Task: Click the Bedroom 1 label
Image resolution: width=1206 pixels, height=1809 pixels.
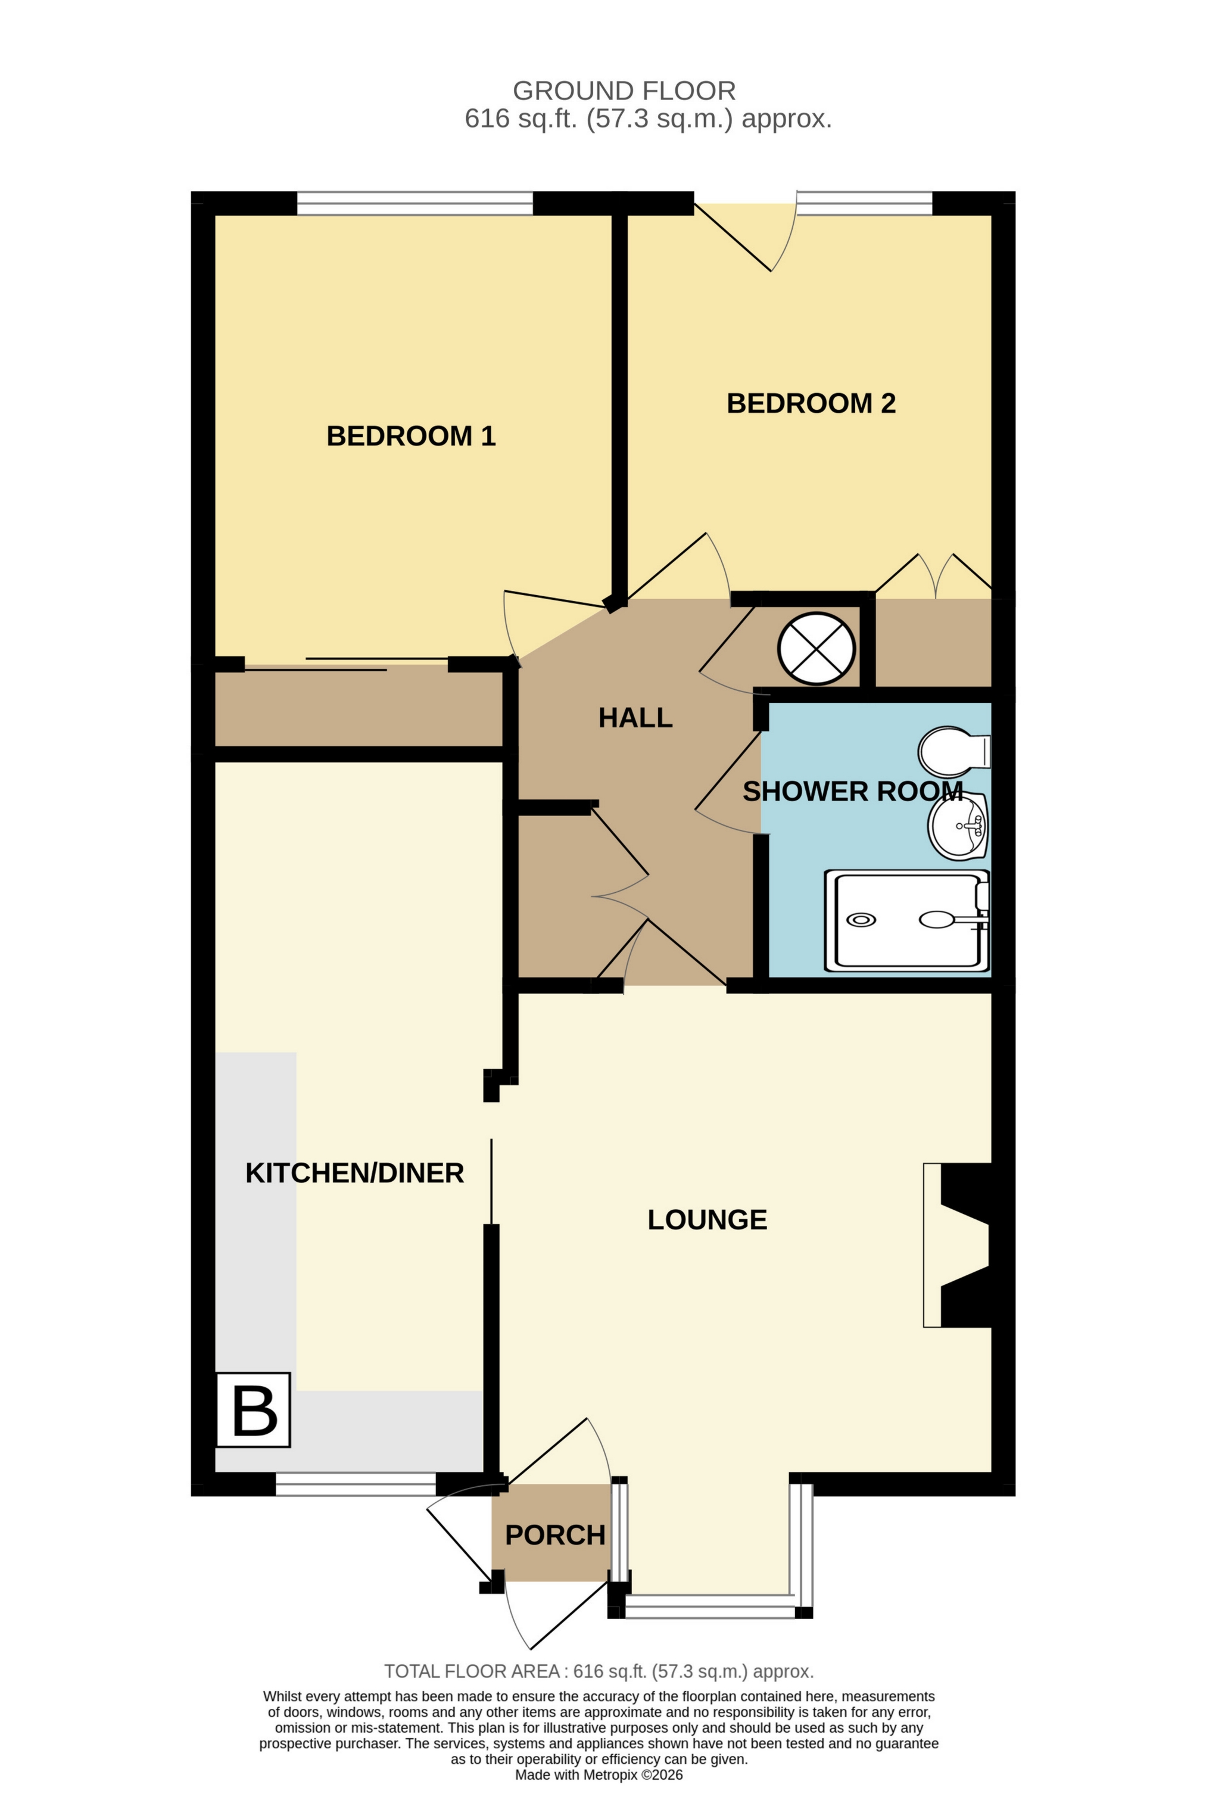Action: pyautogui.click(x=411, y=436)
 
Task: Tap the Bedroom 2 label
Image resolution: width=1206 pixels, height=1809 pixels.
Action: pyautogui.click(x=811, y=403)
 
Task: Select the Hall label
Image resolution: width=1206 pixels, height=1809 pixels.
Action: pyautogui.click(x=635, y=718)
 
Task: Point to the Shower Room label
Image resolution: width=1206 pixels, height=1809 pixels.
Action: pyautogui.click(x=852, y=792)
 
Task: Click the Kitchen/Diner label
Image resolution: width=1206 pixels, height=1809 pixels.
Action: pyautogui.click(x=354, y=1173)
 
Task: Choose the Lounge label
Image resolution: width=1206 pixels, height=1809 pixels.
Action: pyautogui.click(x=707, y=1220)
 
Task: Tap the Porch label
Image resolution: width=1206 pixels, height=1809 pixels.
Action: pyautogui.click(x=554, y=1535)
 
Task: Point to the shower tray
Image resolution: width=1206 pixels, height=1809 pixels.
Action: pyautogui.click(x=906, y=920)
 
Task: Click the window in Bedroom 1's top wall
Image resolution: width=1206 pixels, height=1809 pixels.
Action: pyautogui.click(x=415, y=204)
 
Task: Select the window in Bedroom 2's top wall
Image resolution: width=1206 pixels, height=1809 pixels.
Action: pyautogui.click(x=865, y=203)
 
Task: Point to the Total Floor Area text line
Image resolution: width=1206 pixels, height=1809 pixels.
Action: pyautogui.click(x=599, y=1671)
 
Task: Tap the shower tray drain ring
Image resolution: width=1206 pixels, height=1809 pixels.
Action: pyautogui.click(x=861, y=920)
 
